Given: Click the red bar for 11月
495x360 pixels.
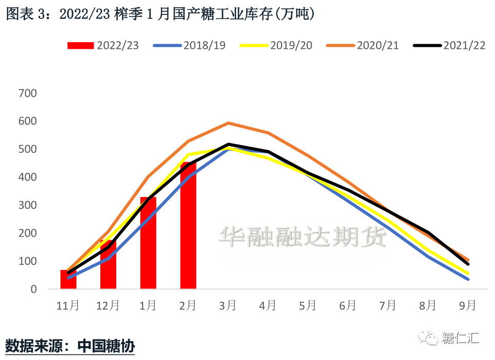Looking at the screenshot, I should tap(68, 279).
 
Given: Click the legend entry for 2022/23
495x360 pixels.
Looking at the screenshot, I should tap(103, 45).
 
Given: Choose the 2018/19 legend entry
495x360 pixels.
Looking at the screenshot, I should tap(190, 45).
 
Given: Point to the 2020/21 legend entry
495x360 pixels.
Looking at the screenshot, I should tap(363, 45).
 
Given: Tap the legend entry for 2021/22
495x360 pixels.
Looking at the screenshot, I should tap(450, 45).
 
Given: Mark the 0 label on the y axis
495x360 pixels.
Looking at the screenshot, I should tap(33, 290).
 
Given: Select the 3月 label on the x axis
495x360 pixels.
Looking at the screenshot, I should tap(228, 305).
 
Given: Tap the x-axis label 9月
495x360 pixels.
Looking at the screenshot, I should tap(468, 305).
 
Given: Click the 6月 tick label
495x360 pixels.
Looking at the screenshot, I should tap(348, 305).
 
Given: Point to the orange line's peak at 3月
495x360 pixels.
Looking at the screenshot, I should tap(228, 123).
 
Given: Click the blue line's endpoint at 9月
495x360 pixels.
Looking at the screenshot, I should tap(468, 279).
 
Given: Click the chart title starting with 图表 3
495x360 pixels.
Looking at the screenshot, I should tap(160, 14).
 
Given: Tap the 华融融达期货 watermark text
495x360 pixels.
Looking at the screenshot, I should tap(303, 238).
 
